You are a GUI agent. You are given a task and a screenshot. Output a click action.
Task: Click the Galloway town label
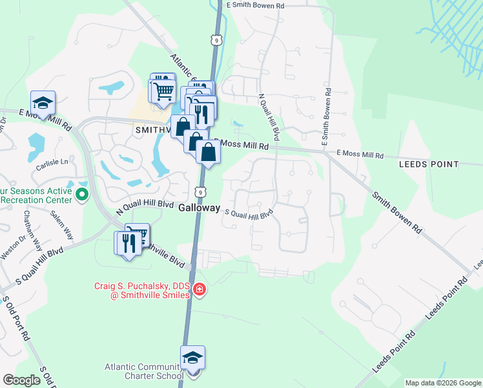[200, 209]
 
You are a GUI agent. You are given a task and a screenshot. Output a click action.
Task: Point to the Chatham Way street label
[32, 230]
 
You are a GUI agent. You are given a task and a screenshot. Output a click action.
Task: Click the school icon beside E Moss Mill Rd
[43, 103]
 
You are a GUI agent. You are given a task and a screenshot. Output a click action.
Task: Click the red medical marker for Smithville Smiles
[200, 289]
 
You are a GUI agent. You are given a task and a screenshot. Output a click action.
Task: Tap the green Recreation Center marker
[82, 193]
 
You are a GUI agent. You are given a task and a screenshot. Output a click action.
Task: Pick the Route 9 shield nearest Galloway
[202, 191]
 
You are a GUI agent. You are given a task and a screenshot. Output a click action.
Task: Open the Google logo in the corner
[21, 380]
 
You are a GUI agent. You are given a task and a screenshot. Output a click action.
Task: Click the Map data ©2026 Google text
[442, 383]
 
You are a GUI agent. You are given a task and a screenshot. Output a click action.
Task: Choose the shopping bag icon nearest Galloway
[209, 153]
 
